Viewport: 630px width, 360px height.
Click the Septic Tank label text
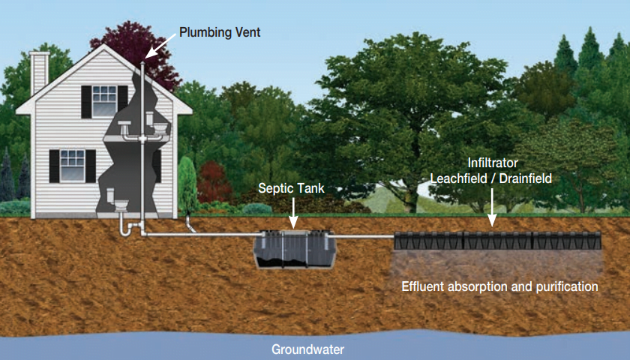[x=292, y=188]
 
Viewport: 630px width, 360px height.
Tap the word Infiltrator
[x=493, y=162]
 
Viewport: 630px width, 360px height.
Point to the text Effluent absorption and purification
[x=499, y=286]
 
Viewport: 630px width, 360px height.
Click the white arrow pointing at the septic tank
[x=292, y=213]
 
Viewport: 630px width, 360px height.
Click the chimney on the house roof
[x=40, y=73]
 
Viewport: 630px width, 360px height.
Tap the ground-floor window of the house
[x=73, y=164]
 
